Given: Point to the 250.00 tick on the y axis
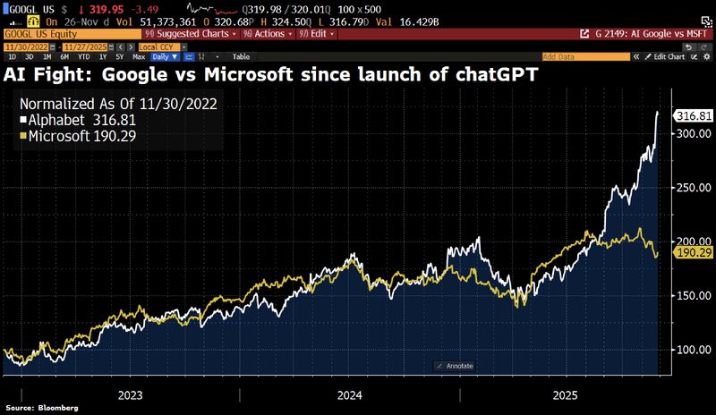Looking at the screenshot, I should click(693, 188).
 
